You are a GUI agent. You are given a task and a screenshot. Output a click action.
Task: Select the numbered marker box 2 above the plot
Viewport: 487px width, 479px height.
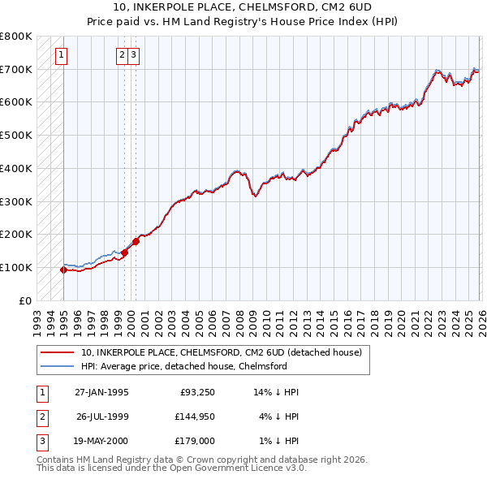(122, 55)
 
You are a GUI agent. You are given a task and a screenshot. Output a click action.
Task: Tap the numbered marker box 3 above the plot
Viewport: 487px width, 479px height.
(134, 55)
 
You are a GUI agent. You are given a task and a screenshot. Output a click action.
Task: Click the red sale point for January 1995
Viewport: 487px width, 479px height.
(64, 270)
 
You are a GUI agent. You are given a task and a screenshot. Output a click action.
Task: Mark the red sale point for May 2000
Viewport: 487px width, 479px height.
(136, 241)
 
